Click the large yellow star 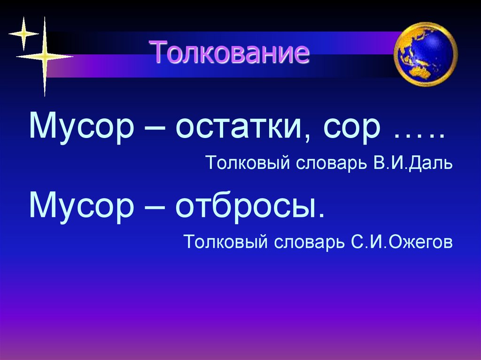click(45, 57)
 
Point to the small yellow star click(23, 33)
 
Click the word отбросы click(249, 206)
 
